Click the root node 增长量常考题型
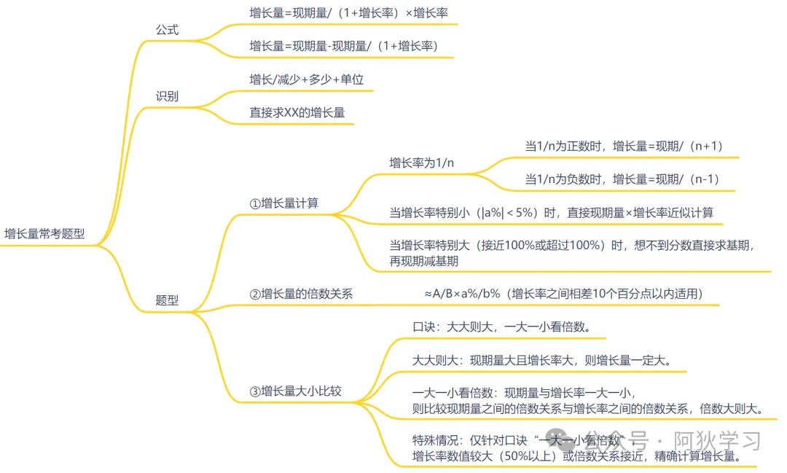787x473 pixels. click(x=44, y=234)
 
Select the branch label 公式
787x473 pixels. click(x=167, y=30)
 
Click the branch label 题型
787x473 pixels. click(x=167, y=300)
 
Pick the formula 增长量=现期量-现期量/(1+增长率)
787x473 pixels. click(x=344, y=46)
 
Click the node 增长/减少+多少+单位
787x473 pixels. click(x=306, y=79)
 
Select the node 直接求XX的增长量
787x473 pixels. click(x=297, y=112)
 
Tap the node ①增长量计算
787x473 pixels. click(x=283, y=203)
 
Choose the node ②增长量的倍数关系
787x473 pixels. click(x=301, y=294)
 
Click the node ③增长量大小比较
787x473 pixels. click(x=295, y=391)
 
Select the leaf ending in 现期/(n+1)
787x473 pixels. click(x=624, y=146)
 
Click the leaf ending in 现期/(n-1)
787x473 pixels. click(x=624, y=179)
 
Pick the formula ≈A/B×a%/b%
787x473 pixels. click(x=462, y=294)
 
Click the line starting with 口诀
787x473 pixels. click(x=500, y=326)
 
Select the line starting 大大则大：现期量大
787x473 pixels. click(x=541, y=360)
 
